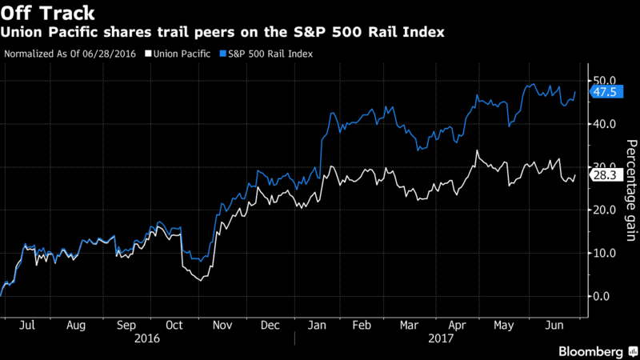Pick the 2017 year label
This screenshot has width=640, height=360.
click(441, 338)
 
